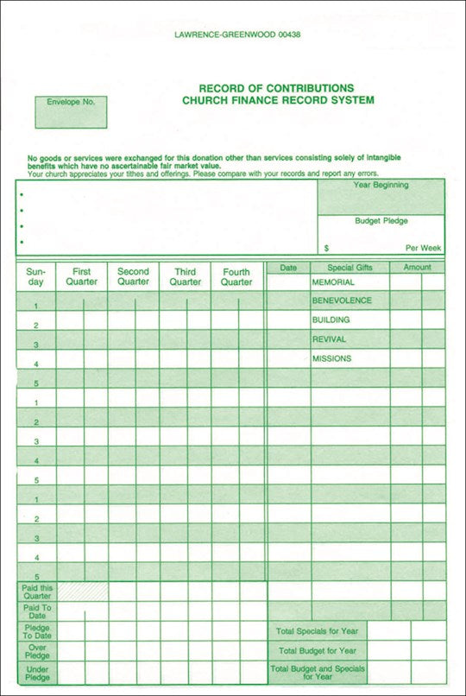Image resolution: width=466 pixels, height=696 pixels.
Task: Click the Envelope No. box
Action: pyautogui.click(x=71, y=111)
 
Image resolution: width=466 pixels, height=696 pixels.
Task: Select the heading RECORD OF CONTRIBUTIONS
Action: pyautogui.click(x=276, y=88)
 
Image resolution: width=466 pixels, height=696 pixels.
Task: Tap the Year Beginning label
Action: pyautogui.click(x=381, y=186)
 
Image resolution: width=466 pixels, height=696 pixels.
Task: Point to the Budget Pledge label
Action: pyautogui.click(x=381, y=221)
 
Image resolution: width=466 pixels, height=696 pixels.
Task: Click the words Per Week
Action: pyautogui.click(x=423, y=248)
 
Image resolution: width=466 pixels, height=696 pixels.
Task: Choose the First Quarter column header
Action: pyautogui.click(x=81, y=276)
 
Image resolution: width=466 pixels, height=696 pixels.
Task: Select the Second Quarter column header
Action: pyautogui.click(x=133, y=276)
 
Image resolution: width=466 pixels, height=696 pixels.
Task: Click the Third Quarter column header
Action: pyautogui.click(x=185, y=276)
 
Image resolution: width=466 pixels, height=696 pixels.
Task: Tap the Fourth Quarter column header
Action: pyautogui.click(x=236, y=276)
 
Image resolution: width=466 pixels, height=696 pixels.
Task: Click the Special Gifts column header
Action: pyautogui.click(x=349, y=268)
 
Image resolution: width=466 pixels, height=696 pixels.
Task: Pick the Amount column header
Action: pyautogui.click(x=417, y=268)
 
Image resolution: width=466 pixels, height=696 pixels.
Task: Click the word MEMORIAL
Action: pyautogui.click(x=333, y=282)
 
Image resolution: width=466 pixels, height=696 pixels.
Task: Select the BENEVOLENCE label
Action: pyautogui.click(x=342, y=301)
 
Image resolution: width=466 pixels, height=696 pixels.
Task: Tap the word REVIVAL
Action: pyautogui.click(x=329, y=339)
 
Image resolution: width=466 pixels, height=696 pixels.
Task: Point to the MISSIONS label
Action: pyautogui.click(x=331, y=358)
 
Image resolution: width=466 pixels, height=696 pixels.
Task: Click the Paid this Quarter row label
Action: pyautogui.click(x=35, y=592)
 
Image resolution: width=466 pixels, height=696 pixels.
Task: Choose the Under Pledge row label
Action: pyautogui.click(x=35, y=674)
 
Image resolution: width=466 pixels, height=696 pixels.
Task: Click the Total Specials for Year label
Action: pyautogui.click(x=317, y=631)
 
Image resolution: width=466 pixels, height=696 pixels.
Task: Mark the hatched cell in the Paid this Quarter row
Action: pyautogui.click(x=82, y=592)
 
